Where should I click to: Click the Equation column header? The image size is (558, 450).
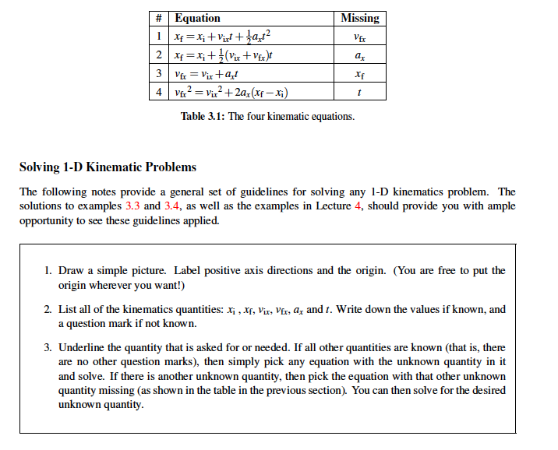click(198, 18)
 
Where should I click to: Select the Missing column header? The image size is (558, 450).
click(360, 18)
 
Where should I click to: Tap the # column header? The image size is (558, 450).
click(159, 18)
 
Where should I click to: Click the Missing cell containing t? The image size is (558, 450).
click(359, 93)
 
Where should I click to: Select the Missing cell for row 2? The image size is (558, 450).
click(359, 55)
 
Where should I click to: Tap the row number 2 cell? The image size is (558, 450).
click(159, 55)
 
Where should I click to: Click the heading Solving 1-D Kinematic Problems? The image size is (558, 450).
click(108, 167)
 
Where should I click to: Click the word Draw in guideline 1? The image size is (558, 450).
click(71, 271)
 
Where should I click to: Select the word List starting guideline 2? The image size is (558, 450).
click(69, 310)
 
